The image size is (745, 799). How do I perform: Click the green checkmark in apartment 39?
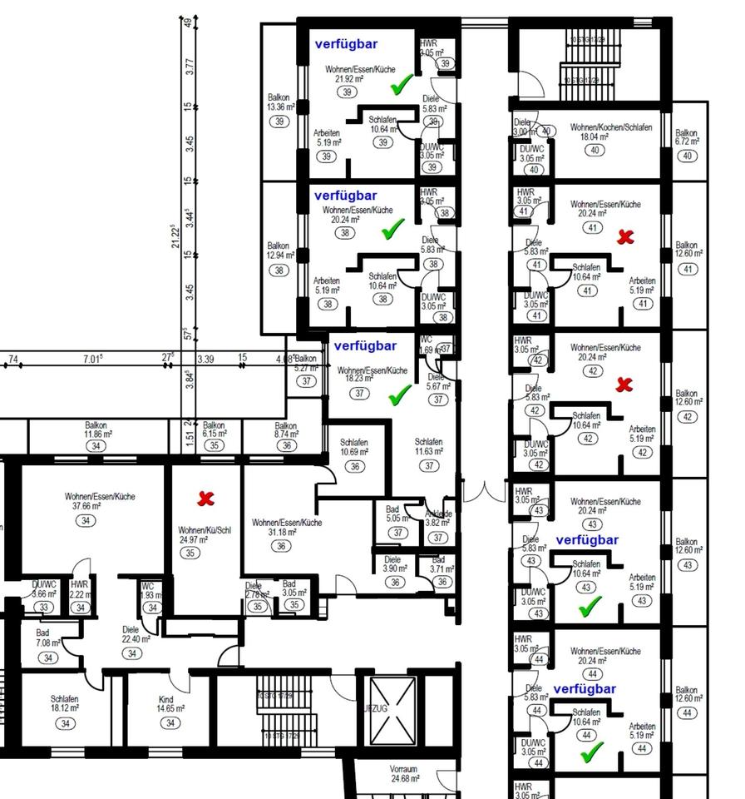[x=402, y=83]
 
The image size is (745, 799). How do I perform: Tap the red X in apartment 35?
[x=205, y=499]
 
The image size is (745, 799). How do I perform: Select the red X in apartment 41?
[x=625, y=236]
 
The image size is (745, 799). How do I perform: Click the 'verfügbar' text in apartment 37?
[x=365, y=345]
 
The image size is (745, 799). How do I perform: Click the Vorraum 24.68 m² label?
[x=403, y=774]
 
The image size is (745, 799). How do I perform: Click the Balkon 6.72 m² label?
[x=687, y=137]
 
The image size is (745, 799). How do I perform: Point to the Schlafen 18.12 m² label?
[x=64, y=704]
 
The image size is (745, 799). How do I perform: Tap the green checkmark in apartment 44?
[x=591, y=752]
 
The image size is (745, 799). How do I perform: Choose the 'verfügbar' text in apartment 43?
[x=587, y=540]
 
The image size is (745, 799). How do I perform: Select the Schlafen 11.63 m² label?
[x=428, y=447]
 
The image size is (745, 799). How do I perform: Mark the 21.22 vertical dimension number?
[x=175, y=236]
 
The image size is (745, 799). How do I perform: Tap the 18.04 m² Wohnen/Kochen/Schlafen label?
[x=610, y=132]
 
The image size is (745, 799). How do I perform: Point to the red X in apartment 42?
[x=624, y=385]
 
